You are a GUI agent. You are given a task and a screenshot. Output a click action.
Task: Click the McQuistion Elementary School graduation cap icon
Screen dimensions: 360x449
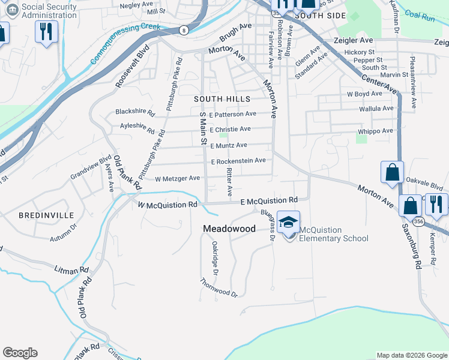289,222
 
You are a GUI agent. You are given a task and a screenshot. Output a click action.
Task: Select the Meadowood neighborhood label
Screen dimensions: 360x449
229,229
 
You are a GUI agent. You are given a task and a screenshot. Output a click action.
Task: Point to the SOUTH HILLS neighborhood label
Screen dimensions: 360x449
221,98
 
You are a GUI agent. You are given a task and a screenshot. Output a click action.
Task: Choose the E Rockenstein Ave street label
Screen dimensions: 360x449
238,161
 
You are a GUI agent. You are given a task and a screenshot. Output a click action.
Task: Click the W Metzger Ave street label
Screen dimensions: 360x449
177,178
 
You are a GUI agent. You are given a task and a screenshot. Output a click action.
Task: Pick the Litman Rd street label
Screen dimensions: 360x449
71,271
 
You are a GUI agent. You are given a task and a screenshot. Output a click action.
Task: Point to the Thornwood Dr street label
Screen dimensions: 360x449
220,289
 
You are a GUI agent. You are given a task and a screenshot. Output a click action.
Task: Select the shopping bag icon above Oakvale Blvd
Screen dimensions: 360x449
392,172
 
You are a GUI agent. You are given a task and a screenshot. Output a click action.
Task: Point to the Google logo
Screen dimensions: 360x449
20,353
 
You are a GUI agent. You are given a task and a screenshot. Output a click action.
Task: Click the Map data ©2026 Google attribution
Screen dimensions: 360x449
411,355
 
